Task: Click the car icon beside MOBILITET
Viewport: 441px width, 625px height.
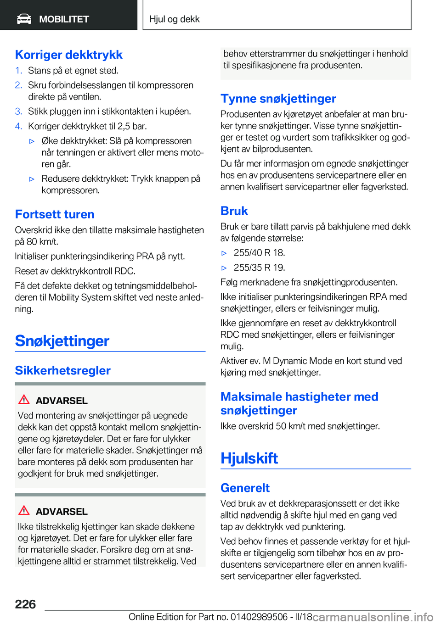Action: pos(24,19)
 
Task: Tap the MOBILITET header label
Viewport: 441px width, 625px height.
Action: pos(64,19)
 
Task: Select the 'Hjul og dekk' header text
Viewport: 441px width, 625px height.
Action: pos(174,19)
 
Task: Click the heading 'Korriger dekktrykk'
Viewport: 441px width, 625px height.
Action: pos(69,55)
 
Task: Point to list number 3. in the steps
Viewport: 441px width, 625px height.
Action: pos(18,112)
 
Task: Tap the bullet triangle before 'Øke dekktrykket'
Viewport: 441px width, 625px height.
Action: pos(32,141)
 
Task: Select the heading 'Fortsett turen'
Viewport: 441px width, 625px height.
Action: pos(55,214)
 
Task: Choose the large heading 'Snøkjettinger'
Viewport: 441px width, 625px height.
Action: pos(62,341)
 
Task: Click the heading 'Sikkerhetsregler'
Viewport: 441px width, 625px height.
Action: pos(62,370)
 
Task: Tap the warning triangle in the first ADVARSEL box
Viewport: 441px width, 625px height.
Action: pos(24,400)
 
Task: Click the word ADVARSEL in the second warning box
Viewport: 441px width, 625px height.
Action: pos(62,512)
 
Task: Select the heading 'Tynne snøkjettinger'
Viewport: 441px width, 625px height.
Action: pos(278,99)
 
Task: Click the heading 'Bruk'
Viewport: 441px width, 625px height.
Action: pos(234,211)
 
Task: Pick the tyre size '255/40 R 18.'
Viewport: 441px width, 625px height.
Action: pos(259,253)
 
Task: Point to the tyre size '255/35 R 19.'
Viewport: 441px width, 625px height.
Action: pos(259,268)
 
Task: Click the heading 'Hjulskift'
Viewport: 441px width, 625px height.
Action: pos(249,458)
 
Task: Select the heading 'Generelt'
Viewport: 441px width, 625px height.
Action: pos(245,488)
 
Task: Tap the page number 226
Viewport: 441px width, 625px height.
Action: pos(25,604)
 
